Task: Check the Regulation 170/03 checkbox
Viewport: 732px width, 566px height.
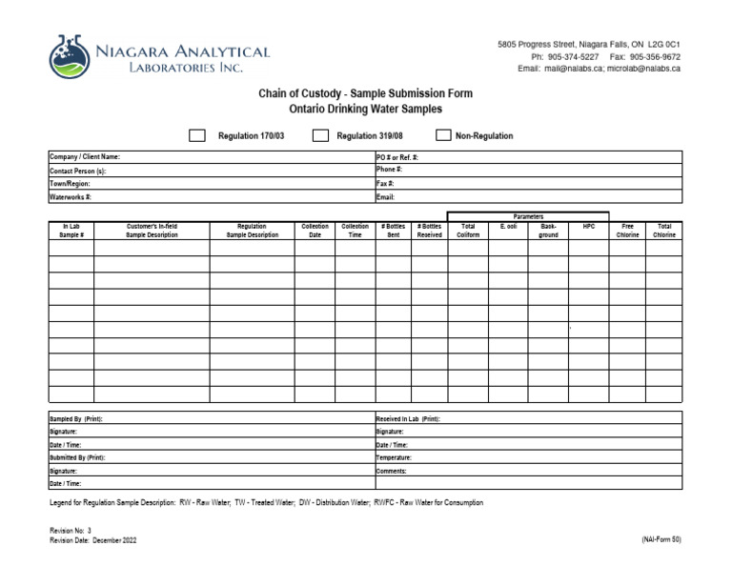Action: [197, 136]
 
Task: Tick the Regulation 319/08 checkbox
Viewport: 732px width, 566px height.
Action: [321, 136]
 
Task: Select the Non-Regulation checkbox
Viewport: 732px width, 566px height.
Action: [443, 136]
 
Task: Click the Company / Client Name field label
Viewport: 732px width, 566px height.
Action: [85, 157]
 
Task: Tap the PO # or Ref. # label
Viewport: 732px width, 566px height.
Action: [397, 157]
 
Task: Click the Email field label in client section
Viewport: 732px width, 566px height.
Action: [385, 197]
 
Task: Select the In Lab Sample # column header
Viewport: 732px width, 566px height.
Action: [71, 231]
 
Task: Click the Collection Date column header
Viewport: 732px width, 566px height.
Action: [315, 231]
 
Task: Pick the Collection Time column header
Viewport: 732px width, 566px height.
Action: [355, 231]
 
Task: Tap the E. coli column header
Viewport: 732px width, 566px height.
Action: [508, 227]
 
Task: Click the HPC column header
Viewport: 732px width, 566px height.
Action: [588, 227]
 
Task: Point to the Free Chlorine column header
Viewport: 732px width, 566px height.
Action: [627, 231]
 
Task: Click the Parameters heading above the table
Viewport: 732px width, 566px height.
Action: [527, 216]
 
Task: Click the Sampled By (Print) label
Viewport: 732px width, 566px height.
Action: [75, 418]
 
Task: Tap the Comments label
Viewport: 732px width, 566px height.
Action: [393, 471]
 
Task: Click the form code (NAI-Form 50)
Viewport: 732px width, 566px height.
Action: [661, 539]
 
